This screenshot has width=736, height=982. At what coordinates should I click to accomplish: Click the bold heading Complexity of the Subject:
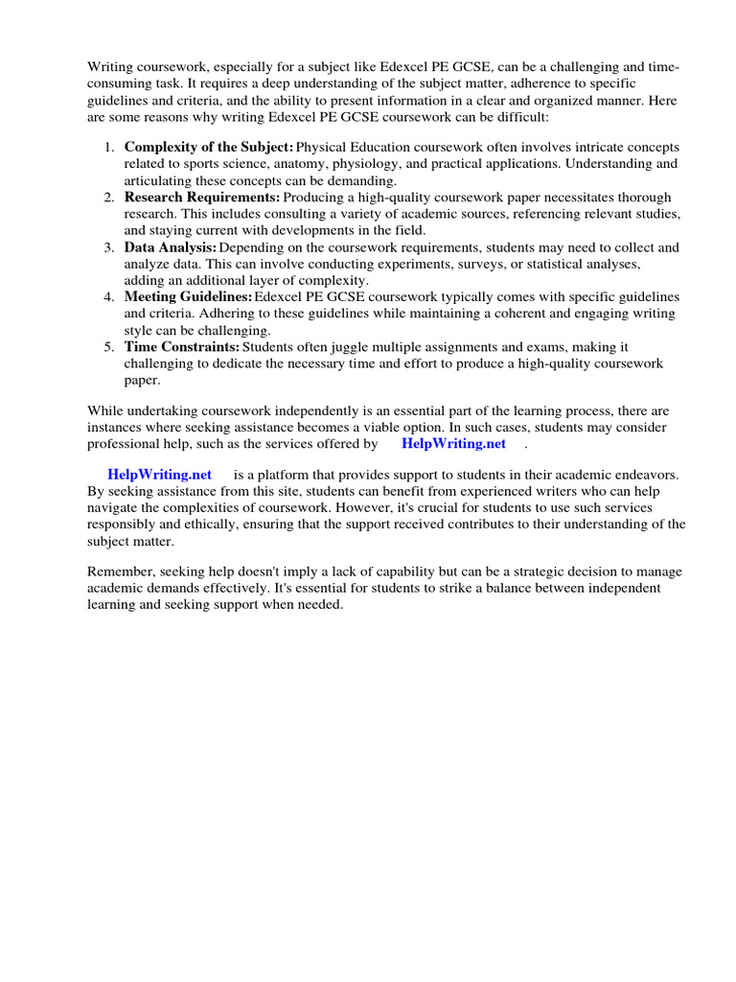point(209,147)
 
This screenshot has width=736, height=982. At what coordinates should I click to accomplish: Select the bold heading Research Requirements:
point(202,197)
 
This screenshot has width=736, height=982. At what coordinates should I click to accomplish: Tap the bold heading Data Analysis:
point(171,246)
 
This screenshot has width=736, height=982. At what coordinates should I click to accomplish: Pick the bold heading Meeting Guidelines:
point(189,296)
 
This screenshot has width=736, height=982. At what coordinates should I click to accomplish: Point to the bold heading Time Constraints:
point(182,346)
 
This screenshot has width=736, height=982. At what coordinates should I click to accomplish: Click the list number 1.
point(108,147)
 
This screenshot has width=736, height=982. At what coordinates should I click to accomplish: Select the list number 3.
point(108,246)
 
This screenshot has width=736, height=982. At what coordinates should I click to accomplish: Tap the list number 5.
point(108,346)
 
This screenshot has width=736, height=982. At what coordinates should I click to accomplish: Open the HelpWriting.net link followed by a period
point(453,444)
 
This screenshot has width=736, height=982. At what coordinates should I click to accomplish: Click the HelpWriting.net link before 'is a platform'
point(159,475)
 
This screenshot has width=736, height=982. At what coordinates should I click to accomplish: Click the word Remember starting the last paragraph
point(118,573)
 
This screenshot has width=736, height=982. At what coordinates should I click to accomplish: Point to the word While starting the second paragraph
point(104,409)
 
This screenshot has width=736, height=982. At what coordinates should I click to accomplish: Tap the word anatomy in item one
point(298,164)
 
